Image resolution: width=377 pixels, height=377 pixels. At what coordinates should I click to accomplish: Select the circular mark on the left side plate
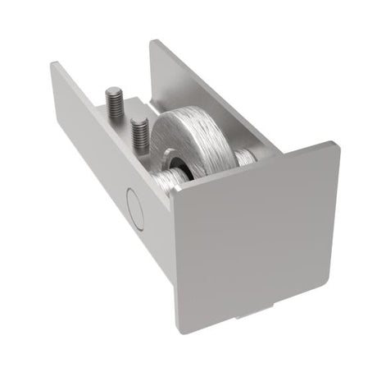pos(135,209)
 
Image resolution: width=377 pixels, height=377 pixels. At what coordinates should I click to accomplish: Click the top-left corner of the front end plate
pos(175,191)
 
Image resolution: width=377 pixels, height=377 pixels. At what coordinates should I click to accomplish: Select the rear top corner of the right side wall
pos(152,40)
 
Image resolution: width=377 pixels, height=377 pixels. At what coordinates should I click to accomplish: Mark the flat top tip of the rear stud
pos(115,92)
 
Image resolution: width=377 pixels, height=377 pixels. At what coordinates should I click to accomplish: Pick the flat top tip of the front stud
pos(139,121)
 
